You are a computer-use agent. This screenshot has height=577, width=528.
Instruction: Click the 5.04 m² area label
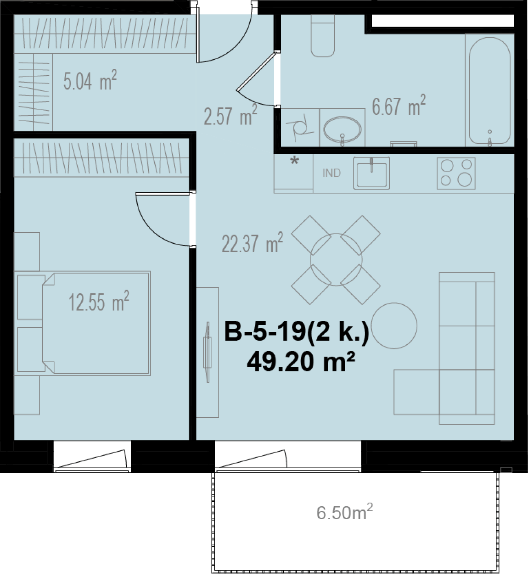click(x=90, y=81)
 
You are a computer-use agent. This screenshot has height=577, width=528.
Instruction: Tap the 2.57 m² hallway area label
click(x=230, y=115)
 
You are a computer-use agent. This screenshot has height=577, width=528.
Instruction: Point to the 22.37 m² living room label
click(x=253, y=243)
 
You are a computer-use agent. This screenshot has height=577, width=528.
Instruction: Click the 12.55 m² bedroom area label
click(x=99, y=302)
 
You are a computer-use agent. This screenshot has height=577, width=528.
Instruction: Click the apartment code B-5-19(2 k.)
click(x=297, y=333)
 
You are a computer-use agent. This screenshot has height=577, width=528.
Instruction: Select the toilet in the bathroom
click(x=323, y=36)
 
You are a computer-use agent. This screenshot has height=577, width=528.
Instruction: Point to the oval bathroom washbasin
click(x=342, y=129)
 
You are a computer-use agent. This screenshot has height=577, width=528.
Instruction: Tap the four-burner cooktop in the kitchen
click(x=456, y=173)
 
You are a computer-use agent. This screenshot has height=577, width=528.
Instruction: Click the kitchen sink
click(x=371, y=173)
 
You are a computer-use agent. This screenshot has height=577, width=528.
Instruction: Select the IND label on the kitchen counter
click(x=332, y=173)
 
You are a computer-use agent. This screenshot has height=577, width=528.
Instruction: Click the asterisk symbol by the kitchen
click(x=295, y=161)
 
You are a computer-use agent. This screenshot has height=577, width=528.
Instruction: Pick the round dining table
click(x=336, y=260)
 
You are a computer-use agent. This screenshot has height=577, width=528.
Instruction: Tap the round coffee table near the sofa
click(x=394, y=325)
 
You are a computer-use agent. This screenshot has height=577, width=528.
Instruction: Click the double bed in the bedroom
click(x=96, y=323)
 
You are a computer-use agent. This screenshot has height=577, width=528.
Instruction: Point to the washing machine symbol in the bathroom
click(x=300, y=128)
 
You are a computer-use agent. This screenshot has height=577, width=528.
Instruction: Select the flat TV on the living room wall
click(x=207, y=352)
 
